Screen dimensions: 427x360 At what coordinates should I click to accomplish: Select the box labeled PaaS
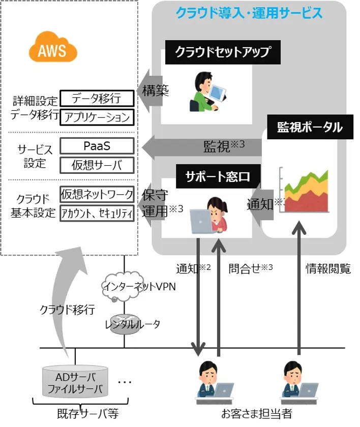tap(97, 146)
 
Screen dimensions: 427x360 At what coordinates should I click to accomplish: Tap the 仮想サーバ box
tap(97, 165)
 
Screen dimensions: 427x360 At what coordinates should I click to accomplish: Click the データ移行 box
tap(97, 98)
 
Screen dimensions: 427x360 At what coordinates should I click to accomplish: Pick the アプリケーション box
tap(97, 117)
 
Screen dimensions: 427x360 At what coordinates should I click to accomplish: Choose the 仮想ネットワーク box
tap(97, 194)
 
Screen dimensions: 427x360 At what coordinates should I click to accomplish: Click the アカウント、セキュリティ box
tap(97, 212)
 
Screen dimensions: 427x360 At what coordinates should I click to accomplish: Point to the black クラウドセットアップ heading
tap(222, 53)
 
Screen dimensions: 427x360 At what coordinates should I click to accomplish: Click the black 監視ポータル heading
tap(309, 127)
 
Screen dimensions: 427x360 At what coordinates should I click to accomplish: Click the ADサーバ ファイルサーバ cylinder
tap(75, 384)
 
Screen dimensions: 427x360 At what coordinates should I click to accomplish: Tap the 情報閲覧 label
tap(328, 269)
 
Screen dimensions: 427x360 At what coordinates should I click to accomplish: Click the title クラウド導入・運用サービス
tap(249, 12)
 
